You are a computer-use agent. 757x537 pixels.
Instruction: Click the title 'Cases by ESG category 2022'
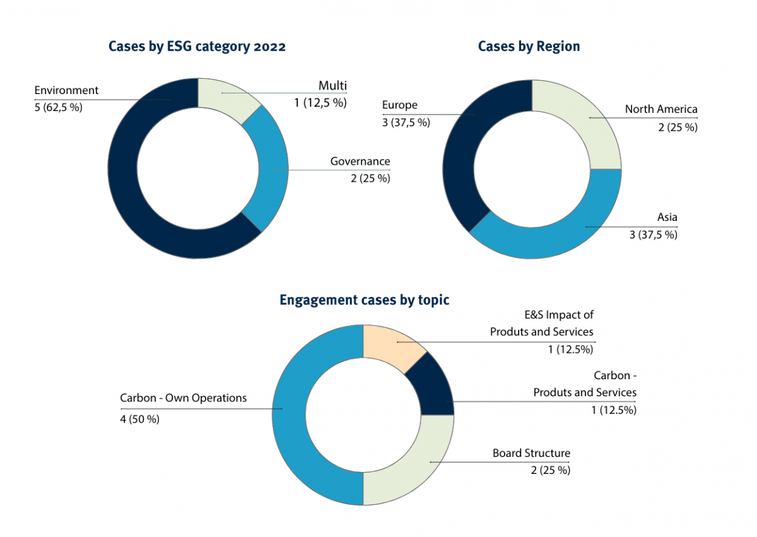point(197,47)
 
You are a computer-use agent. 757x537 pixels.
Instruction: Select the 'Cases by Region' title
point(529,46)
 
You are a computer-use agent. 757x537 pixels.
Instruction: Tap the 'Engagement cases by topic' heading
point(364,300)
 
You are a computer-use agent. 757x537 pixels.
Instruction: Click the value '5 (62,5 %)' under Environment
point(58,107)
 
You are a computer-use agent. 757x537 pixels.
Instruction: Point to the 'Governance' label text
point(360,162)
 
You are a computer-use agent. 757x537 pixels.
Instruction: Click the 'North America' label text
point(661,109)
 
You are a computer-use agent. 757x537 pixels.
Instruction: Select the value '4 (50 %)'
point(139,418)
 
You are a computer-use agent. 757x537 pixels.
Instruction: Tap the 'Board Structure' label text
point(531,453)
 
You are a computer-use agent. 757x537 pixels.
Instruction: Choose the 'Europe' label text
point(400,105)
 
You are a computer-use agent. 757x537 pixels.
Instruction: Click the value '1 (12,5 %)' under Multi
point(320,102)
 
